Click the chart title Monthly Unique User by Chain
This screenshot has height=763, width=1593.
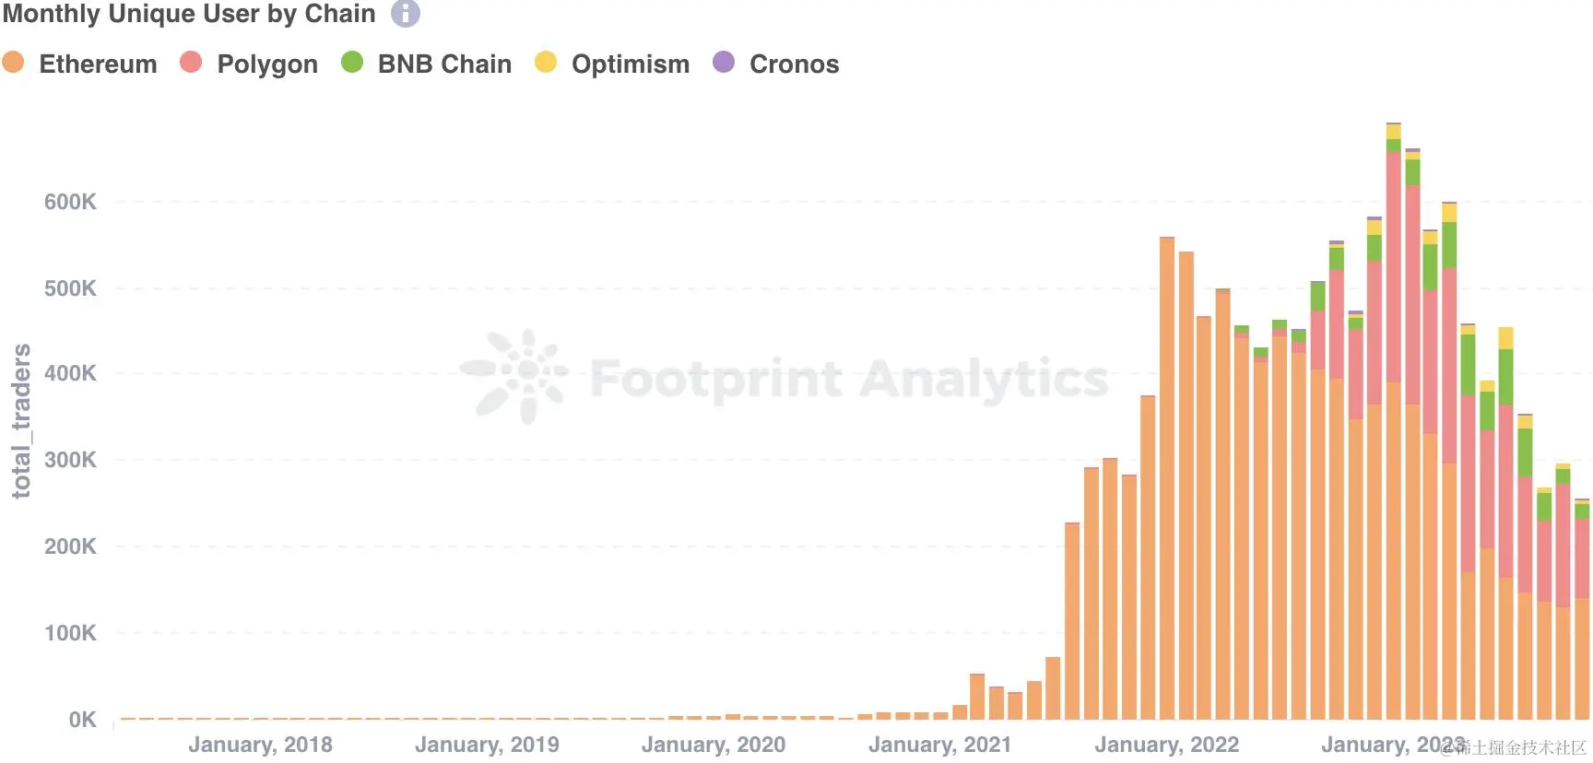pos(189,14)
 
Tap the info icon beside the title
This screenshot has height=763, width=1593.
pos(406,13)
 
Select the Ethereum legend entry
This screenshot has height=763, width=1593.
pos(98,64)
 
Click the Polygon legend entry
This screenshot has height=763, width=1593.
pos(266,64)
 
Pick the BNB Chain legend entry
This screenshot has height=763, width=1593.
pos(443,64)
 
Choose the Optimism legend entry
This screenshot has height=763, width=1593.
pos(630,64)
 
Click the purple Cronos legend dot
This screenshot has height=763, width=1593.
pos(724,62)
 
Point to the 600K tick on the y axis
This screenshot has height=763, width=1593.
pos(70,202)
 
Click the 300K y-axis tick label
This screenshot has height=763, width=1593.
pos(70,460)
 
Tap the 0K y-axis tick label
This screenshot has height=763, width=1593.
pos(82,720)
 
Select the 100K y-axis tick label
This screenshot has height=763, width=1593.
pos(70,633)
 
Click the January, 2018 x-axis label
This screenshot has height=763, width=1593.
pos(260,745)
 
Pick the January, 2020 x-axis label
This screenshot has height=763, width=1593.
pos(714,745)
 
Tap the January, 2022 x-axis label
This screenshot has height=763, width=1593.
pos(1166,745)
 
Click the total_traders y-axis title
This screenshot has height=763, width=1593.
pos(20,421)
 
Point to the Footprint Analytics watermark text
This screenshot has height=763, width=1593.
pos(848,378)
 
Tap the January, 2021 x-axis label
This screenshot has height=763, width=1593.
pos(939,745)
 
